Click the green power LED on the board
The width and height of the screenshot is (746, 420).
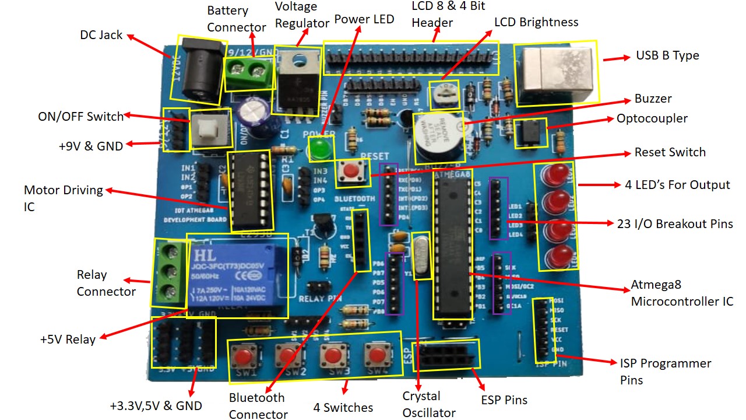[318, 148]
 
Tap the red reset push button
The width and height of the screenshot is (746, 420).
[351, 171]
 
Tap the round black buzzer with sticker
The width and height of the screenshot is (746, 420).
[438, 138]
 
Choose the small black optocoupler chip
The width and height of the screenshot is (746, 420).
[530, 133]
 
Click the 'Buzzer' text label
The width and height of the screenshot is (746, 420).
[653, 99]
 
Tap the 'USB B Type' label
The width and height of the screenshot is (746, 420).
[667, 56]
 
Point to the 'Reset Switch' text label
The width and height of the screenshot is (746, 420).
[670, 152]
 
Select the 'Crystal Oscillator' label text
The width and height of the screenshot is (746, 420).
[429, 404]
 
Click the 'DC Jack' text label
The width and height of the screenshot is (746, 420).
[101, 35]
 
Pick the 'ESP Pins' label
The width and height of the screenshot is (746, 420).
[504, 400]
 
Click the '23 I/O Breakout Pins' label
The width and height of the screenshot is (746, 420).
[674, 223]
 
